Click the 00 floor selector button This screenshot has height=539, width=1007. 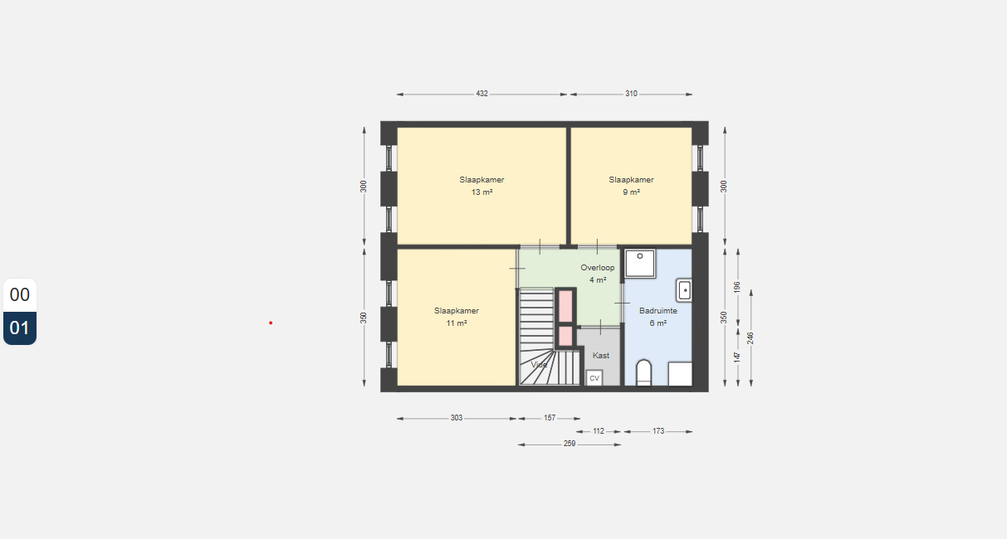(20, 295)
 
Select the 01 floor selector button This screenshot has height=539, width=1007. (20, 328)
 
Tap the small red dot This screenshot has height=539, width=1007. (271, 323)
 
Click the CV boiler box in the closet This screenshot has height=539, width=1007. (594, 378)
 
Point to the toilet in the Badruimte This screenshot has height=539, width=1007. (643, 373)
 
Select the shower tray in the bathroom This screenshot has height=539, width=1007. (640, 264)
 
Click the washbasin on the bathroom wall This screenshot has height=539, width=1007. (684, 290)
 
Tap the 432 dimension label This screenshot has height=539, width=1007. (482, 94)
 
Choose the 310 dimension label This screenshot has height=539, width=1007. (631, 94)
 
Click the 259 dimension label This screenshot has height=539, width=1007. (569, 444)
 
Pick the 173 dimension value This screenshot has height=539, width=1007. (658, 431)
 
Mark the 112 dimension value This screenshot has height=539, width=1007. (599, 431)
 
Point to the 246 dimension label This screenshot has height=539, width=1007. (750, 338)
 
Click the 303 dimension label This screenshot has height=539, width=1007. (457, 418)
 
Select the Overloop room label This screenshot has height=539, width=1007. (598, 268)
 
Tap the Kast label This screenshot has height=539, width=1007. (601, 356)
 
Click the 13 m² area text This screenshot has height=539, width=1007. (482, 192)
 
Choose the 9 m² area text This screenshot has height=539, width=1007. (631, 192)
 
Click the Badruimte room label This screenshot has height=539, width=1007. (658, 311)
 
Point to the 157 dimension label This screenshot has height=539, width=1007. (550, 418)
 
